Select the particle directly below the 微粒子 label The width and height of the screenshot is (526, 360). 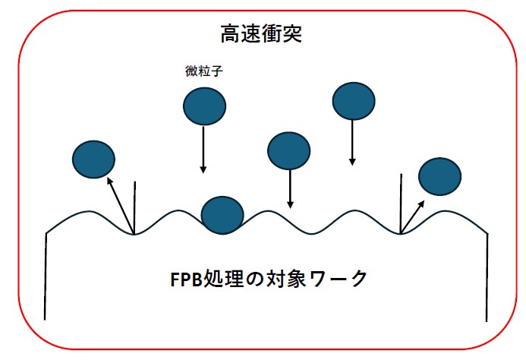[204, 105]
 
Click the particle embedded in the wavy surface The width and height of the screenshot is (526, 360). [222, 214]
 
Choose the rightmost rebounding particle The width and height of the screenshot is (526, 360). [439, 176]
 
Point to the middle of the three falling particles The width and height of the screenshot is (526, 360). [289, 150]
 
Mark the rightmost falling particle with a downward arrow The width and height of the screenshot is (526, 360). [353, 100]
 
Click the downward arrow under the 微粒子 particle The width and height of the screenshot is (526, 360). [203, 149]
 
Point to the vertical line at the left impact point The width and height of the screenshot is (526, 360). [135, 207]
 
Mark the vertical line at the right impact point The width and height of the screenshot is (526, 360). [401, 204]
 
